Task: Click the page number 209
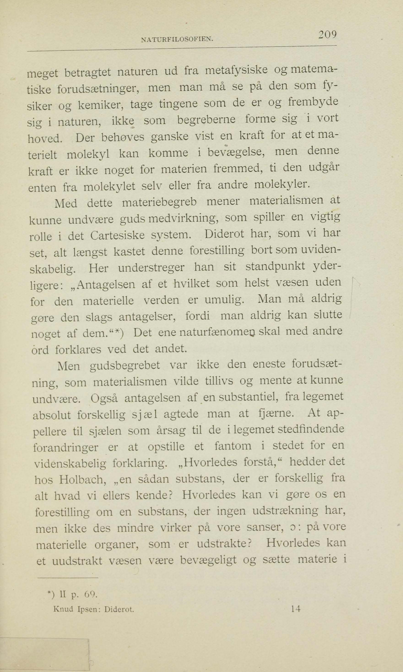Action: [328, 35]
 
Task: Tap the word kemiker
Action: [100, 105]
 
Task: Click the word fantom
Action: [233, 446]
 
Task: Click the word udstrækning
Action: [285, 511]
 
